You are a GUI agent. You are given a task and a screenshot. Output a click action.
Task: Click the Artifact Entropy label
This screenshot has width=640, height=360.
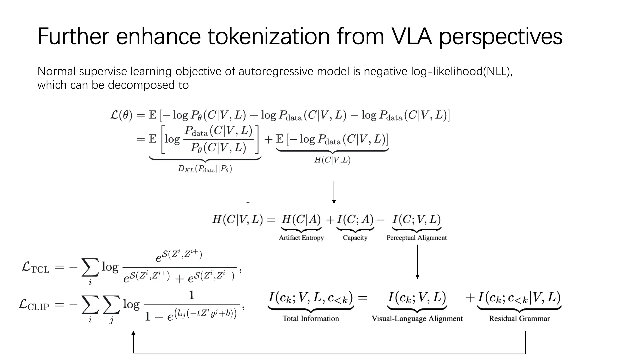pos(301,238)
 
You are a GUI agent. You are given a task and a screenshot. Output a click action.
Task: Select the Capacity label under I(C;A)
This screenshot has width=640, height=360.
pos(355,238)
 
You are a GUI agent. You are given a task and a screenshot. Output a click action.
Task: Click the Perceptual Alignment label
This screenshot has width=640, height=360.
pos(417,238)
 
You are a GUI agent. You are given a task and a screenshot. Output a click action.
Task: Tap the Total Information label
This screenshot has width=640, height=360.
pos(311,318)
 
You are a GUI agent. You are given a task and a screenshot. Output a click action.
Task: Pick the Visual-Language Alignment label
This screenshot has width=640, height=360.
pos(417,319)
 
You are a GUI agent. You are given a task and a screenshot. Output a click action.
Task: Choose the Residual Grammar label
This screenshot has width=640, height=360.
pos(519,318)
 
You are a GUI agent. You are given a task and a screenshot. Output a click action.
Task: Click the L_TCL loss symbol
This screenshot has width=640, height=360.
pos(35,267)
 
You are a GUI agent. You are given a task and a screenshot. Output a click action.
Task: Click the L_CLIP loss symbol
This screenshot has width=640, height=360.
pos(34,305)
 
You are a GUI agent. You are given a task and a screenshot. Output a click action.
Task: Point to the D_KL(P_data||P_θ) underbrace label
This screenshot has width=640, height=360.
pos(205,169)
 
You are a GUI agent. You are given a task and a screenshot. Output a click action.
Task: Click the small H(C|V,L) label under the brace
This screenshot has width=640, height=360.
pos(332,160)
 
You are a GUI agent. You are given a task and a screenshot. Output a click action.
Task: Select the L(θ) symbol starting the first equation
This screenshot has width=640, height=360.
pos(121,115)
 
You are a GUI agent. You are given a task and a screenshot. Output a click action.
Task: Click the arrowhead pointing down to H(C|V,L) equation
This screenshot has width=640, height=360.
pos(334,202)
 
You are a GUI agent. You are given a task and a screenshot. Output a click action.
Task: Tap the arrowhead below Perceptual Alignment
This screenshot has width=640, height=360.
pos(417,276)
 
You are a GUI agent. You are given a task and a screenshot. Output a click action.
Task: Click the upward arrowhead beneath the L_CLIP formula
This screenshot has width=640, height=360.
pos(133,333)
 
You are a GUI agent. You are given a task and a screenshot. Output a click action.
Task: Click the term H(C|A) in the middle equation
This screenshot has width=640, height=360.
pos(301,220)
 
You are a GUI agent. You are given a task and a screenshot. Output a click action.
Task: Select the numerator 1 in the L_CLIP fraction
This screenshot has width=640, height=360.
pos(192,295)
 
